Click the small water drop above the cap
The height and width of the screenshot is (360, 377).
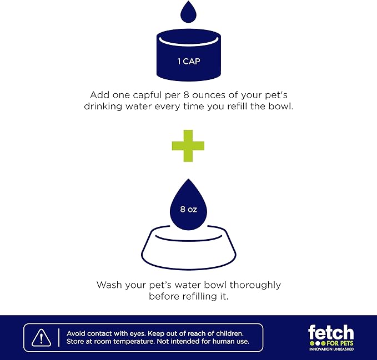pos(189,12)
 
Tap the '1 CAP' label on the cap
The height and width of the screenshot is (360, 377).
pos(189,62)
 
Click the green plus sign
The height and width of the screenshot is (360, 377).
pos(188,146)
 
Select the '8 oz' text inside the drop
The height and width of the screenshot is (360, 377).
pos(189,209)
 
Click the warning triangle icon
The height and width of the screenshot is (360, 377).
pos(41,337)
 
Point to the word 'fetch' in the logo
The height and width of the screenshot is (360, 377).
pos(331,332)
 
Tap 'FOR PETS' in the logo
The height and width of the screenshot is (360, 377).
pos(340,343)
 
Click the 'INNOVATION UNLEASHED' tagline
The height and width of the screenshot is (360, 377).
pos(331,349)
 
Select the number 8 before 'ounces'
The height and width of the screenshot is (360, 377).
pos(186,95)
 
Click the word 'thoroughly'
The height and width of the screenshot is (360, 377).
pos(255,286)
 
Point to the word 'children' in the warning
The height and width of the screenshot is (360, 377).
pos(230,333)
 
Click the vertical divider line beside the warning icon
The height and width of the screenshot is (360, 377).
pos(59,337)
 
